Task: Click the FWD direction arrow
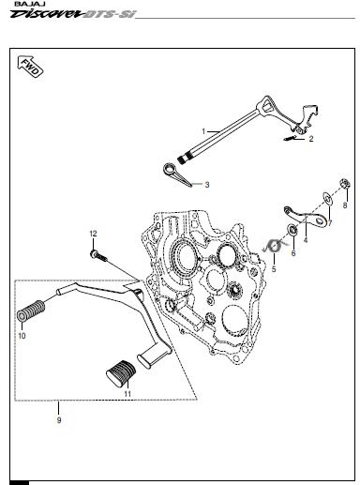click(x=30, y=67)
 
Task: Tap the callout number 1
click(x=203, y=131)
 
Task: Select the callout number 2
click(x=311, y=139)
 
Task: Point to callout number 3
click(x=207, y=185)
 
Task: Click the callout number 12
click(x=93, y=234)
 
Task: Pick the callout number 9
click(x=59, y=420)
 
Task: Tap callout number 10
click(x=22, y=336)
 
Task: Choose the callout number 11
click(x=127, y=394)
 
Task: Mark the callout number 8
click(x=345, y=205)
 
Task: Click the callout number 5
click(x=274, y=269)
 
